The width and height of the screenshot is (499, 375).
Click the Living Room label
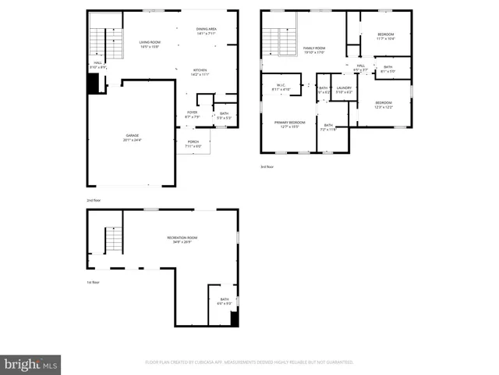(x=150, y=44)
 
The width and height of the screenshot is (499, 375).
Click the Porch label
(x=193, y=144)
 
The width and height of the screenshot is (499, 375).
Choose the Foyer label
(x=192, y=114)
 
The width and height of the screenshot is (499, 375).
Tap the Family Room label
(x=313, y=50)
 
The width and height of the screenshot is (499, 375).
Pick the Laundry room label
(x=344, y=90)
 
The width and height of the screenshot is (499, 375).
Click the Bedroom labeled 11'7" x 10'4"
(x=386, y=36)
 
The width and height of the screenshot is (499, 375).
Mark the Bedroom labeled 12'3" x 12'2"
(x=384, y=105)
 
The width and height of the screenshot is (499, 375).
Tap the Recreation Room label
(x=182, y=240)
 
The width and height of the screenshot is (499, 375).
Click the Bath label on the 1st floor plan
(x=225, y=300)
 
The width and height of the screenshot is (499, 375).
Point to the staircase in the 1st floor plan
(x=114, y=239)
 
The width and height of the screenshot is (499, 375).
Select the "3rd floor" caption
(x=267, y=166)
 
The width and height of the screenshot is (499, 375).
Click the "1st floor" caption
(x=94, y=282)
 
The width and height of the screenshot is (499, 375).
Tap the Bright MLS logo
(x=31, y=365)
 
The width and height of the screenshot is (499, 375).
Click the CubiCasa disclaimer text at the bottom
(x=249, y=362)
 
